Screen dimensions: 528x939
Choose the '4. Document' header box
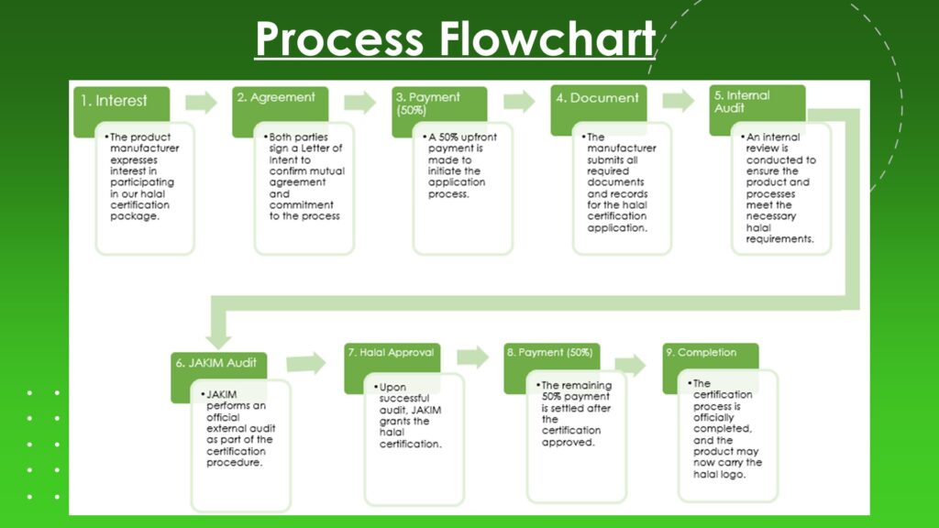(x=599, y=98)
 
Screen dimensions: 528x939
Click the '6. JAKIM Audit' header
(x=217, y=363)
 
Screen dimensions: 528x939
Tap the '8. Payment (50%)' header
(x=550, y=353)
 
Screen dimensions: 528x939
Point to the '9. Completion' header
(x=707, y=353)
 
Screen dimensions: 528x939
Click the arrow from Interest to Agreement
(x=202, y=102)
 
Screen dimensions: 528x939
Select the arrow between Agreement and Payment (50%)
(x=360, y=102)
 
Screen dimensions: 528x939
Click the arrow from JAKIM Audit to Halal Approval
(x=306, y=363)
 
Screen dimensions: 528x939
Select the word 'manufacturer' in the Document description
(x=622, y=148)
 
